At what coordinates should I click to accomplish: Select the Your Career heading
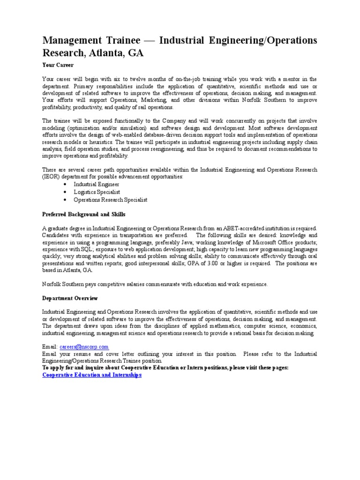point(58,65)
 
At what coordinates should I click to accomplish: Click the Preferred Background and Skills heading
point(84,214)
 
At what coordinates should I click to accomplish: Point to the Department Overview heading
point(70,298)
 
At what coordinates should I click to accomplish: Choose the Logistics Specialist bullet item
point(97,192)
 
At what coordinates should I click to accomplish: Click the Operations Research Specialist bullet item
point(110,199)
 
